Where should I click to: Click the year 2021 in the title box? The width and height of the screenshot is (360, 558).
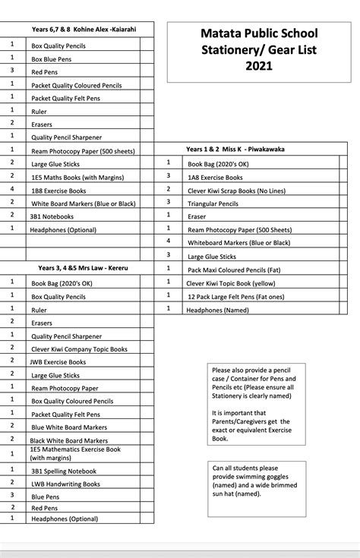point(258,66)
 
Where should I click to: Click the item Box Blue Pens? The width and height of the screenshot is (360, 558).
point(52,58)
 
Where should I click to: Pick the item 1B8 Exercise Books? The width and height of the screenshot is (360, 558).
point(58,191)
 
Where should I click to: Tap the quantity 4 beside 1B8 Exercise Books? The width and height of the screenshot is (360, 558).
point(12,189)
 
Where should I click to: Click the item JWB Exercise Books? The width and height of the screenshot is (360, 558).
point(58,362)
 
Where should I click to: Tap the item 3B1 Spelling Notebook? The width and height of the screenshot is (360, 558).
point(63,471)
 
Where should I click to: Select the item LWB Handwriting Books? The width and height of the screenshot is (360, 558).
point(65,484)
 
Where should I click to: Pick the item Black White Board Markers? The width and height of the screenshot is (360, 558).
point(68,440)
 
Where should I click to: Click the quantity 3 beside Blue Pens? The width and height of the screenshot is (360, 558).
point(12,495)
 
